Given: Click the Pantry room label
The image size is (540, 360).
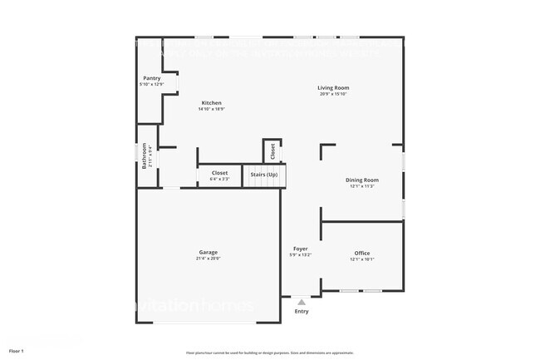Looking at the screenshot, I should [x=151, y=78].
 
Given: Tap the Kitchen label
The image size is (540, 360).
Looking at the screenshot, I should [x=210, y=103].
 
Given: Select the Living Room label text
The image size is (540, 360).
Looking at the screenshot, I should [x=333, y=87].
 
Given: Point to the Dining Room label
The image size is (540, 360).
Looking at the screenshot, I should [x=362, y=180].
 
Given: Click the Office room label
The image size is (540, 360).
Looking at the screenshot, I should [x=362, y=253].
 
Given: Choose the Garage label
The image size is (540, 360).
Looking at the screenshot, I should [x=208, y=252].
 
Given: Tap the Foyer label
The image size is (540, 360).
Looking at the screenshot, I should [x=301, y=249].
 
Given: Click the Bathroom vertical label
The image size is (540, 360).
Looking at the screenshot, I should [x=144, y=156].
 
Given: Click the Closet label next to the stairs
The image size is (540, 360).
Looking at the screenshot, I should [x=219, y=173].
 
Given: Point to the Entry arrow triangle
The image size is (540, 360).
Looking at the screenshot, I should [x=301, y=303].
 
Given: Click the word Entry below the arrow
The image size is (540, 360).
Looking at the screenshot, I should [x=301, y=312].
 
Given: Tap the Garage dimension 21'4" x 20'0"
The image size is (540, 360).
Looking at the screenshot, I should [x=208, y=259].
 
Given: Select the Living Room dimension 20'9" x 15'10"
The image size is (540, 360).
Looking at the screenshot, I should [x=333, y=94].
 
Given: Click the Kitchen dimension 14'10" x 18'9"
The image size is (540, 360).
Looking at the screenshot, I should [x=210, y=110].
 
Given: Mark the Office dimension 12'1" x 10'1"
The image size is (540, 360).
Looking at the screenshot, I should [x=362, y=259].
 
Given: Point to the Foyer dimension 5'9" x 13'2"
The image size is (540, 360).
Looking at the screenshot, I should [x=301, y=255].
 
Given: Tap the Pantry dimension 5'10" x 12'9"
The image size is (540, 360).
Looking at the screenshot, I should [x=151, y=85].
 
